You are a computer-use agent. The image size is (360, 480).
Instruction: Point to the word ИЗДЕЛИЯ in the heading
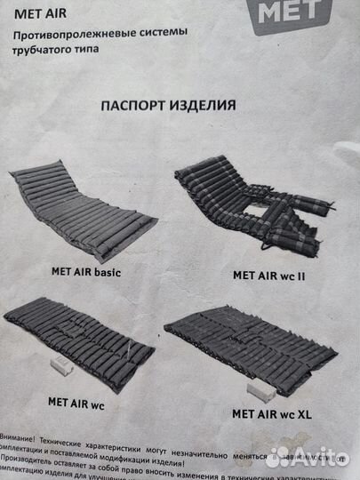click(x=205, y=104)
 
